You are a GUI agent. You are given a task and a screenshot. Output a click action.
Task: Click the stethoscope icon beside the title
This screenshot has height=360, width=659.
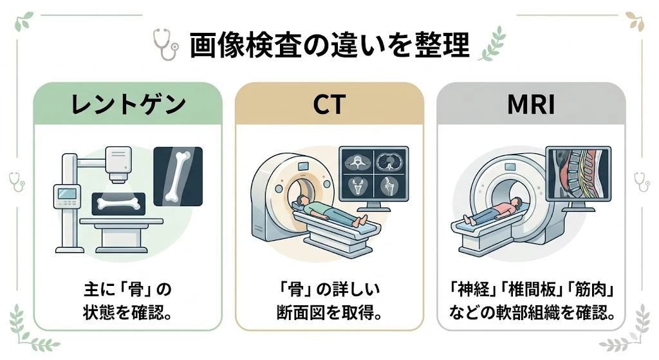point(165,44)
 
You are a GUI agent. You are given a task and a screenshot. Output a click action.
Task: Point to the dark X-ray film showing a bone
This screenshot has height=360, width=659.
point(178,175)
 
